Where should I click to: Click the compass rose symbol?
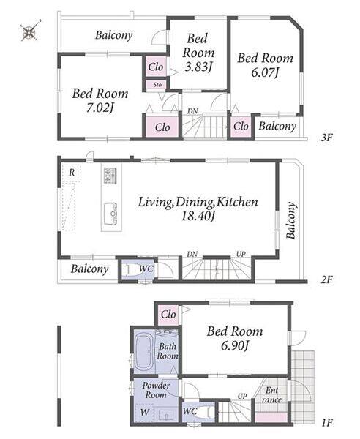click(x=30, y=30)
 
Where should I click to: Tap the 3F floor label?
click(x=326, y=138)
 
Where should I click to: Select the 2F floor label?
click(x=326, y=279)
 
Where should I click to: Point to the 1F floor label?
click(x=326, y=422)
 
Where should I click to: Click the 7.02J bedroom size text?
click(x=100, y=108)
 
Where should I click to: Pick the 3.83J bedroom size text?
click(x=198, y=67)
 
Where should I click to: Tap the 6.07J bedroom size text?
click(x=265, y=72)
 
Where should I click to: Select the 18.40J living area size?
click(x=198, y=216)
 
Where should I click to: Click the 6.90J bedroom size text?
click(x=235, y=346)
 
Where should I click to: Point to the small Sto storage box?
click(x=157, y=85)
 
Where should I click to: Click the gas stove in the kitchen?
click(x=110, y=176)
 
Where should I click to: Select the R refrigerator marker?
click(x=72, y=173)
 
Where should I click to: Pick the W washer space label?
click(x=145, y=413)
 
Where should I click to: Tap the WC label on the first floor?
click(x=190, y=411)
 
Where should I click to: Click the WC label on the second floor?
click(x=146, y=269)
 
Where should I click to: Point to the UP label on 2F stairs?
click(x=241, y=254)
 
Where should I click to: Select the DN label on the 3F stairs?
click(x=192, y=111)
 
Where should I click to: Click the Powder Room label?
click(x=156, y=390)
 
